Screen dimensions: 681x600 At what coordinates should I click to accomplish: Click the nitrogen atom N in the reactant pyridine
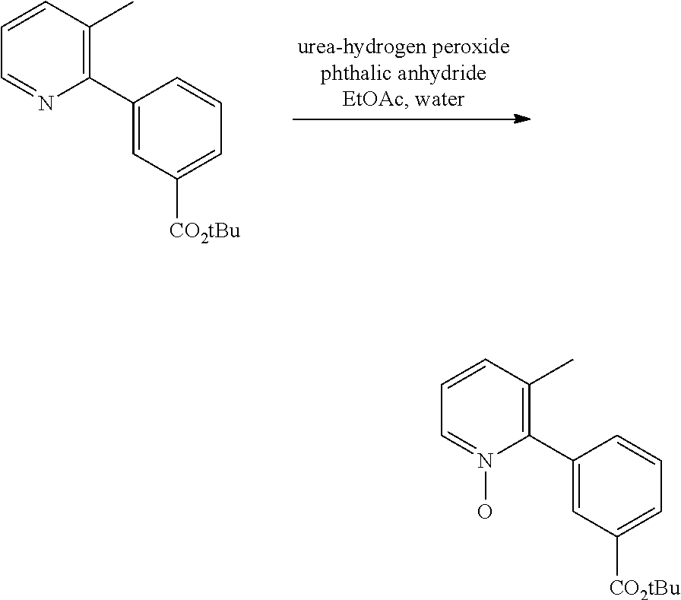point(46,103)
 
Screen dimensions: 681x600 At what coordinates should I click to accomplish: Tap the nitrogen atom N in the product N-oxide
point(486,461)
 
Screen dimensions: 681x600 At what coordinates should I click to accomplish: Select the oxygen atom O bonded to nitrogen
point(485,511)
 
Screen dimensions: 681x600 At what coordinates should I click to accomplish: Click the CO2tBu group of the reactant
point(204,231)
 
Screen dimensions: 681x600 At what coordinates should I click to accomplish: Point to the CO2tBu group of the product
point(645,589)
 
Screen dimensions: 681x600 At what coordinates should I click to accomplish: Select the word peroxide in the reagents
point(470,47)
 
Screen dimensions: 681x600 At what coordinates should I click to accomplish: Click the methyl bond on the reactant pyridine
point(111,15)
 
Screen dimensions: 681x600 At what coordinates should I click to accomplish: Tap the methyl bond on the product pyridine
point(551,373)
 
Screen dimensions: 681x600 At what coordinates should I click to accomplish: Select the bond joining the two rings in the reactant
point(111,90)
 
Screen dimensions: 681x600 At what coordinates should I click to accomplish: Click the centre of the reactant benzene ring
point(177,129)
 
